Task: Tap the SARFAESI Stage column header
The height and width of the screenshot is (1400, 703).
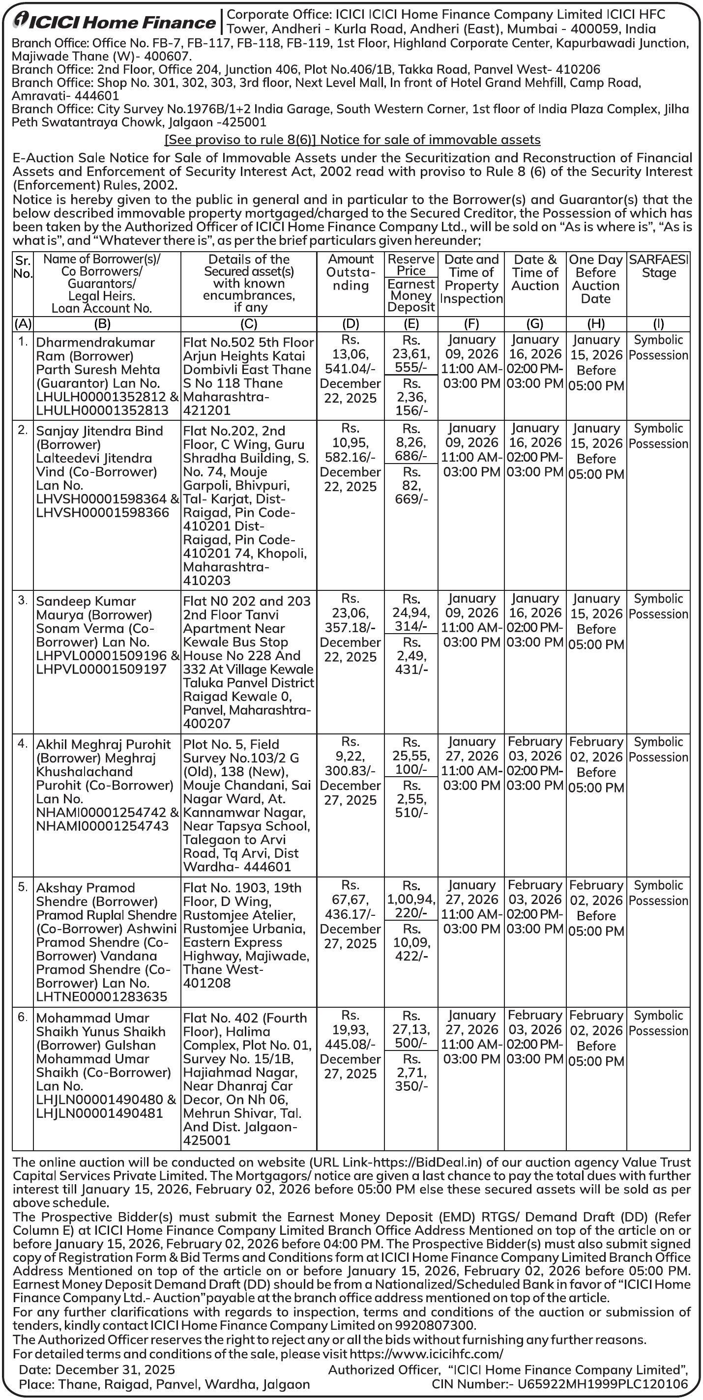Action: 658,266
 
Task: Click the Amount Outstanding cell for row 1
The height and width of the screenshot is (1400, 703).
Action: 350,369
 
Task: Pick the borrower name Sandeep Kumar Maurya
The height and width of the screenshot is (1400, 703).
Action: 86,608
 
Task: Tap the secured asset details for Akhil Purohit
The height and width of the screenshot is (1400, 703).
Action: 248,805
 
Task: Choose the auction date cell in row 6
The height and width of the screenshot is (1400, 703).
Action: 535,1037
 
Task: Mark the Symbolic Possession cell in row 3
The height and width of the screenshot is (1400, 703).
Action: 658,606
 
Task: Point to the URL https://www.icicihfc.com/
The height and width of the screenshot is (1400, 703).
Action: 426,1353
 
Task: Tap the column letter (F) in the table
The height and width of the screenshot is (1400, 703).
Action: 471,324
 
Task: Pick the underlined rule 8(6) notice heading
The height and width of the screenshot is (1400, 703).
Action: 352,140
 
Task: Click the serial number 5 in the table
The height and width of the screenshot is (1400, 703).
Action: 22,887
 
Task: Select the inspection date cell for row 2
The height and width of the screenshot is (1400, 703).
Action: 471,450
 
